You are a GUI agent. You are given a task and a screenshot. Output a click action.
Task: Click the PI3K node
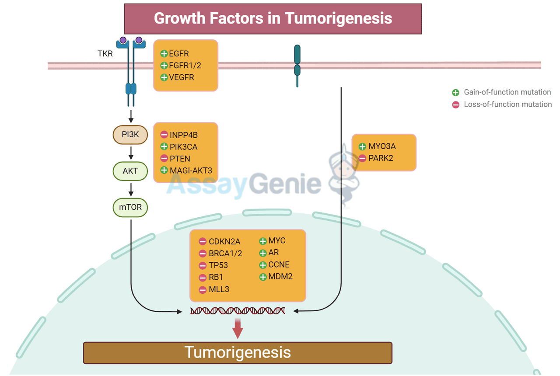(x=130, y=135)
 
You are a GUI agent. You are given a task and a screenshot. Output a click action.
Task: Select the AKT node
(x=130, y=171)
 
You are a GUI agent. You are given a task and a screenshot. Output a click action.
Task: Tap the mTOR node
(x=130, y=207)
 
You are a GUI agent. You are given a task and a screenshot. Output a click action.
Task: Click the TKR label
(x=105, y=54)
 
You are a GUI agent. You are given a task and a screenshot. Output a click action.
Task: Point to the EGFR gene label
(x=179, y=54)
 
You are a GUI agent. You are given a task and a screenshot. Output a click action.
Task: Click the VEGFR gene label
(x=182, y=77)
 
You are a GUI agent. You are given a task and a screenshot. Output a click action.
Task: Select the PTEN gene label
(x=180, y=159)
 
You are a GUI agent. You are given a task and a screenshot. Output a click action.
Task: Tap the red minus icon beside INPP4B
(x=164, y=135)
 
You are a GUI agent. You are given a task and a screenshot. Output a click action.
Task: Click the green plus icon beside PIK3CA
(x=164, y=147)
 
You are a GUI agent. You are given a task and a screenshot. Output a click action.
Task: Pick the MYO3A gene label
(x=382, y=146)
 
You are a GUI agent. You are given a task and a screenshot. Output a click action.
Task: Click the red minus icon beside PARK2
(x=362, y=158)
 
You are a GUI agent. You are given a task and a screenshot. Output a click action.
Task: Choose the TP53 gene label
(x=218, y=265)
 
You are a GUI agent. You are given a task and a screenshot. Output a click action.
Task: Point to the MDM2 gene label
(x=280, y=276)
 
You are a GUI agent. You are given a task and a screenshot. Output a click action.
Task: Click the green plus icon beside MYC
(x=263, y=241)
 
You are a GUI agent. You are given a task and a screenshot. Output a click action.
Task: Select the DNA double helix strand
(x=238, y=311)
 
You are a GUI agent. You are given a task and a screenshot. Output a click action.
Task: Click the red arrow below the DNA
(x=238, y=328)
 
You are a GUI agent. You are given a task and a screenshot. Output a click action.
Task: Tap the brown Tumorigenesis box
(x=238, y=352)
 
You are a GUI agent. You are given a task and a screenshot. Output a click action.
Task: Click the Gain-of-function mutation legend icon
(x=455, y=92)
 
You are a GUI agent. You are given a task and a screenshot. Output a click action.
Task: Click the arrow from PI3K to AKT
(x=130, y=153)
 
